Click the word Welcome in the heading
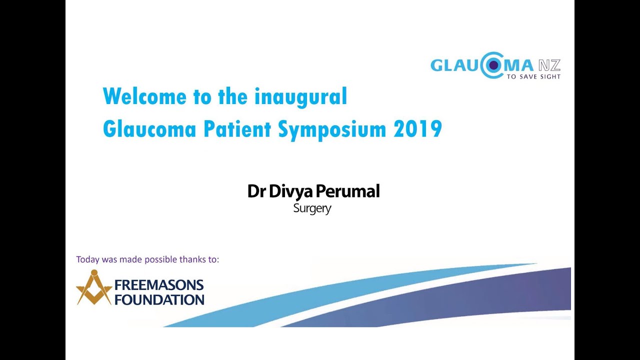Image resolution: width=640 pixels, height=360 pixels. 144,96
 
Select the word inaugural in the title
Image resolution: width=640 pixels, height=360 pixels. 300,96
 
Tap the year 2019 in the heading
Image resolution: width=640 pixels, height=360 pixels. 417,129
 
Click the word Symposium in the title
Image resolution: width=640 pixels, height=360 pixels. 332,129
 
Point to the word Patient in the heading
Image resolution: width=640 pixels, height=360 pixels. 237,129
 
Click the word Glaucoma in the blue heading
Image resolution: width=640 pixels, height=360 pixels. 149,129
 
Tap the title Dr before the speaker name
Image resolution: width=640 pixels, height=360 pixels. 256,191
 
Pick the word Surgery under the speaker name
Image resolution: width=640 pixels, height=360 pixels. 312,208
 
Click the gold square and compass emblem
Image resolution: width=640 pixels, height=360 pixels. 94,288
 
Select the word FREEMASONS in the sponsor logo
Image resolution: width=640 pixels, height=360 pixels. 159,285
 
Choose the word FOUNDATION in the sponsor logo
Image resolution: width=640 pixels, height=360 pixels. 159,299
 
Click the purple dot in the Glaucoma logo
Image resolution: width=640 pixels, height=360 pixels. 493,65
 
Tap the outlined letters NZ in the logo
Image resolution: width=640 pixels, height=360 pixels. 549,65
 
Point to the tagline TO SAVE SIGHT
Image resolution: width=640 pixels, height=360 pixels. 533,77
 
